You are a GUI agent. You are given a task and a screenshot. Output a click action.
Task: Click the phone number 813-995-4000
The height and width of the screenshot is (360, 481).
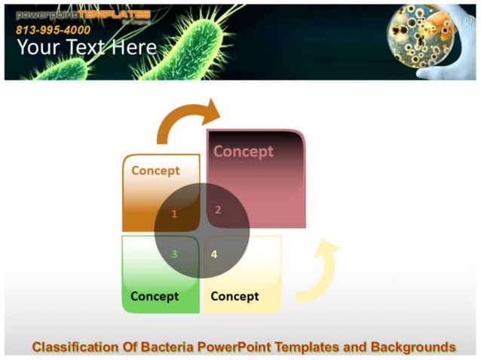point(53,30)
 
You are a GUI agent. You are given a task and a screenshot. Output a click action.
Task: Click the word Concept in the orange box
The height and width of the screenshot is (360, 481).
point(155,170)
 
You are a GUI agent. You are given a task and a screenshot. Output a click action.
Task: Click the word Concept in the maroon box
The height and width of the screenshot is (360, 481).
point(243,151)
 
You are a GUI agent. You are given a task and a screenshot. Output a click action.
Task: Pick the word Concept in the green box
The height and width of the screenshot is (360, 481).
point(155,296)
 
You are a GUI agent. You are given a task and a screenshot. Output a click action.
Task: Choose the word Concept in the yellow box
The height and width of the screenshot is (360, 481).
point(234,296)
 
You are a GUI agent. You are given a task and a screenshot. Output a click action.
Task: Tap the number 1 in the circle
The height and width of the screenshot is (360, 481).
point(174,214)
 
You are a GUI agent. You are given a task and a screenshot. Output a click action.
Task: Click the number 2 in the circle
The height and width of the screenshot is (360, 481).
point(218,210)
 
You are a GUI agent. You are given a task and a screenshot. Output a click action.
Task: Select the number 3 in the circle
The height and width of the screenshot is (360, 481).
point(174,254)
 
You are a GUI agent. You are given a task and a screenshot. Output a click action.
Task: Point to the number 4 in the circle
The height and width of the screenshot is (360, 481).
point(214,254)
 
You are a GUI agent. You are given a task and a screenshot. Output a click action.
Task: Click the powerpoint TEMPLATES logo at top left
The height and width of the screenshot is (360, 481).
point(83,15)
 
